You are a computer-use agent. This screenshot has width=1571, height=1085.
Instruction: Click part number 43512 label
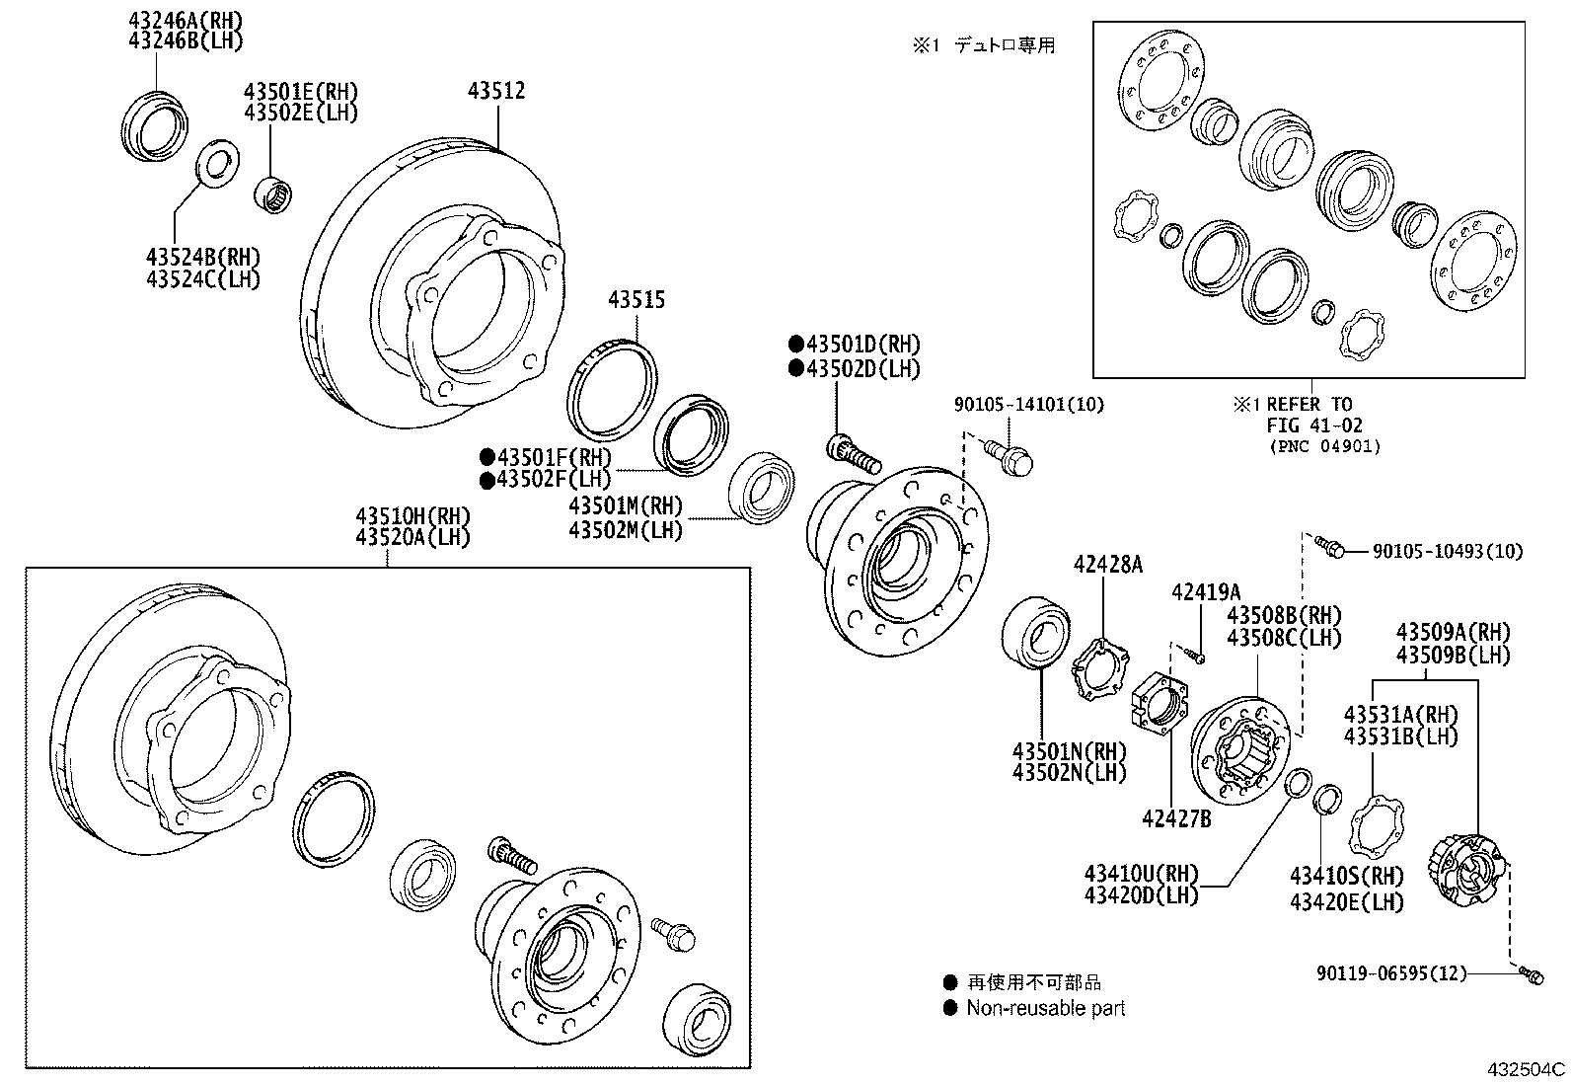tap(495, 91)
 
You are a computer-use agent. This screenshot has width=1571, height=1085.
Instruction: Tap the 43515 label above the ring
tap(636, 300)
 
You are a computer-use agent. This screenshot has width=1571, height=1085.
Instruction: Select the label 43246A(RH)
tap(186, 19)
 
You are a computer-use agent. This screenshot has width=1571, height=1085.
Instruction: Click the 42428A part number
tap(1107, 565)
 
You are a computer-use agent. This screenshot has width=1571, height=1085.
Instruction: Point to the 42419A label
tap(1205, 592)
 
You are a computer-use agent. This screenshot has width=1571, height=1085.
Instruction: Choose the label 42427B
tap(1176, 818)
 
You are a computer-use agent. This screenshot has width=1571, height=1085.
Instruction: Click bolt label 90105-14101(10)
tap(1029, 404)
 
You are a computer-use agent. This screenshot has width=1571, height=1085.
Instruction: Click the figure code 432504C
tap(1527, 1069)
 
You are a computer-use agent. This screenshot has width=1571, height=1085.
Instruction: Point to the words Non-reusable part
tap(1045, 1008)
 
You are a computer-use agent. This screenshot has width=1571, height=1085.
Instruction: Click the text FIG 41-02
tap(1315, 426)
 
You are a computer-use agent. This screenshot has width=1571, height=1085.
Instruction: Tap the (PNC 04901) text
tap(1324, 446)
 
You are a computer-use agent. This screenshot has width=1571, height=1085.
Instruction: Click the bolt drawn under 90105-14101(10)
tap(1009, 455)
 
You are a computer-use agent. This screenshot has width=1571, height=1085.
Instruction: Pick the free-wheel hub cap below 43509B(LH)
tap(1465, 870)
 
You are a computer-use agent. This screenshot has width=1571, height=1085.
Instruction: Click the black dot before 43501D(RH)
tap(795, 345)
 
